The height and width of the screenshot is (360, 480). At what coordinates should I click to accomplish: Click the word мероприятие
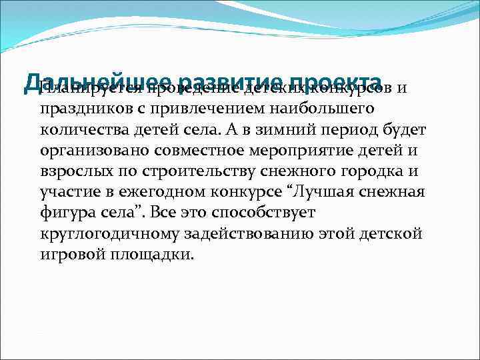[x=307, y=149]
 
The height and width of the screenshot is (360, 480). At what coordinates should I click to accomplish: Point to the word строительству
[x=185, y=171]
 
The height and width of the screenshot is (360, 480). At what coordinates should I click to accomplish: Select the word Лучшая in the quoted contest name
[x=327, y=192]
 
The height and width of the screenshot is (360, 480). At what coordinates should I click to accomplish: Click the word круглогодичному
[x=109, y=235]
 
